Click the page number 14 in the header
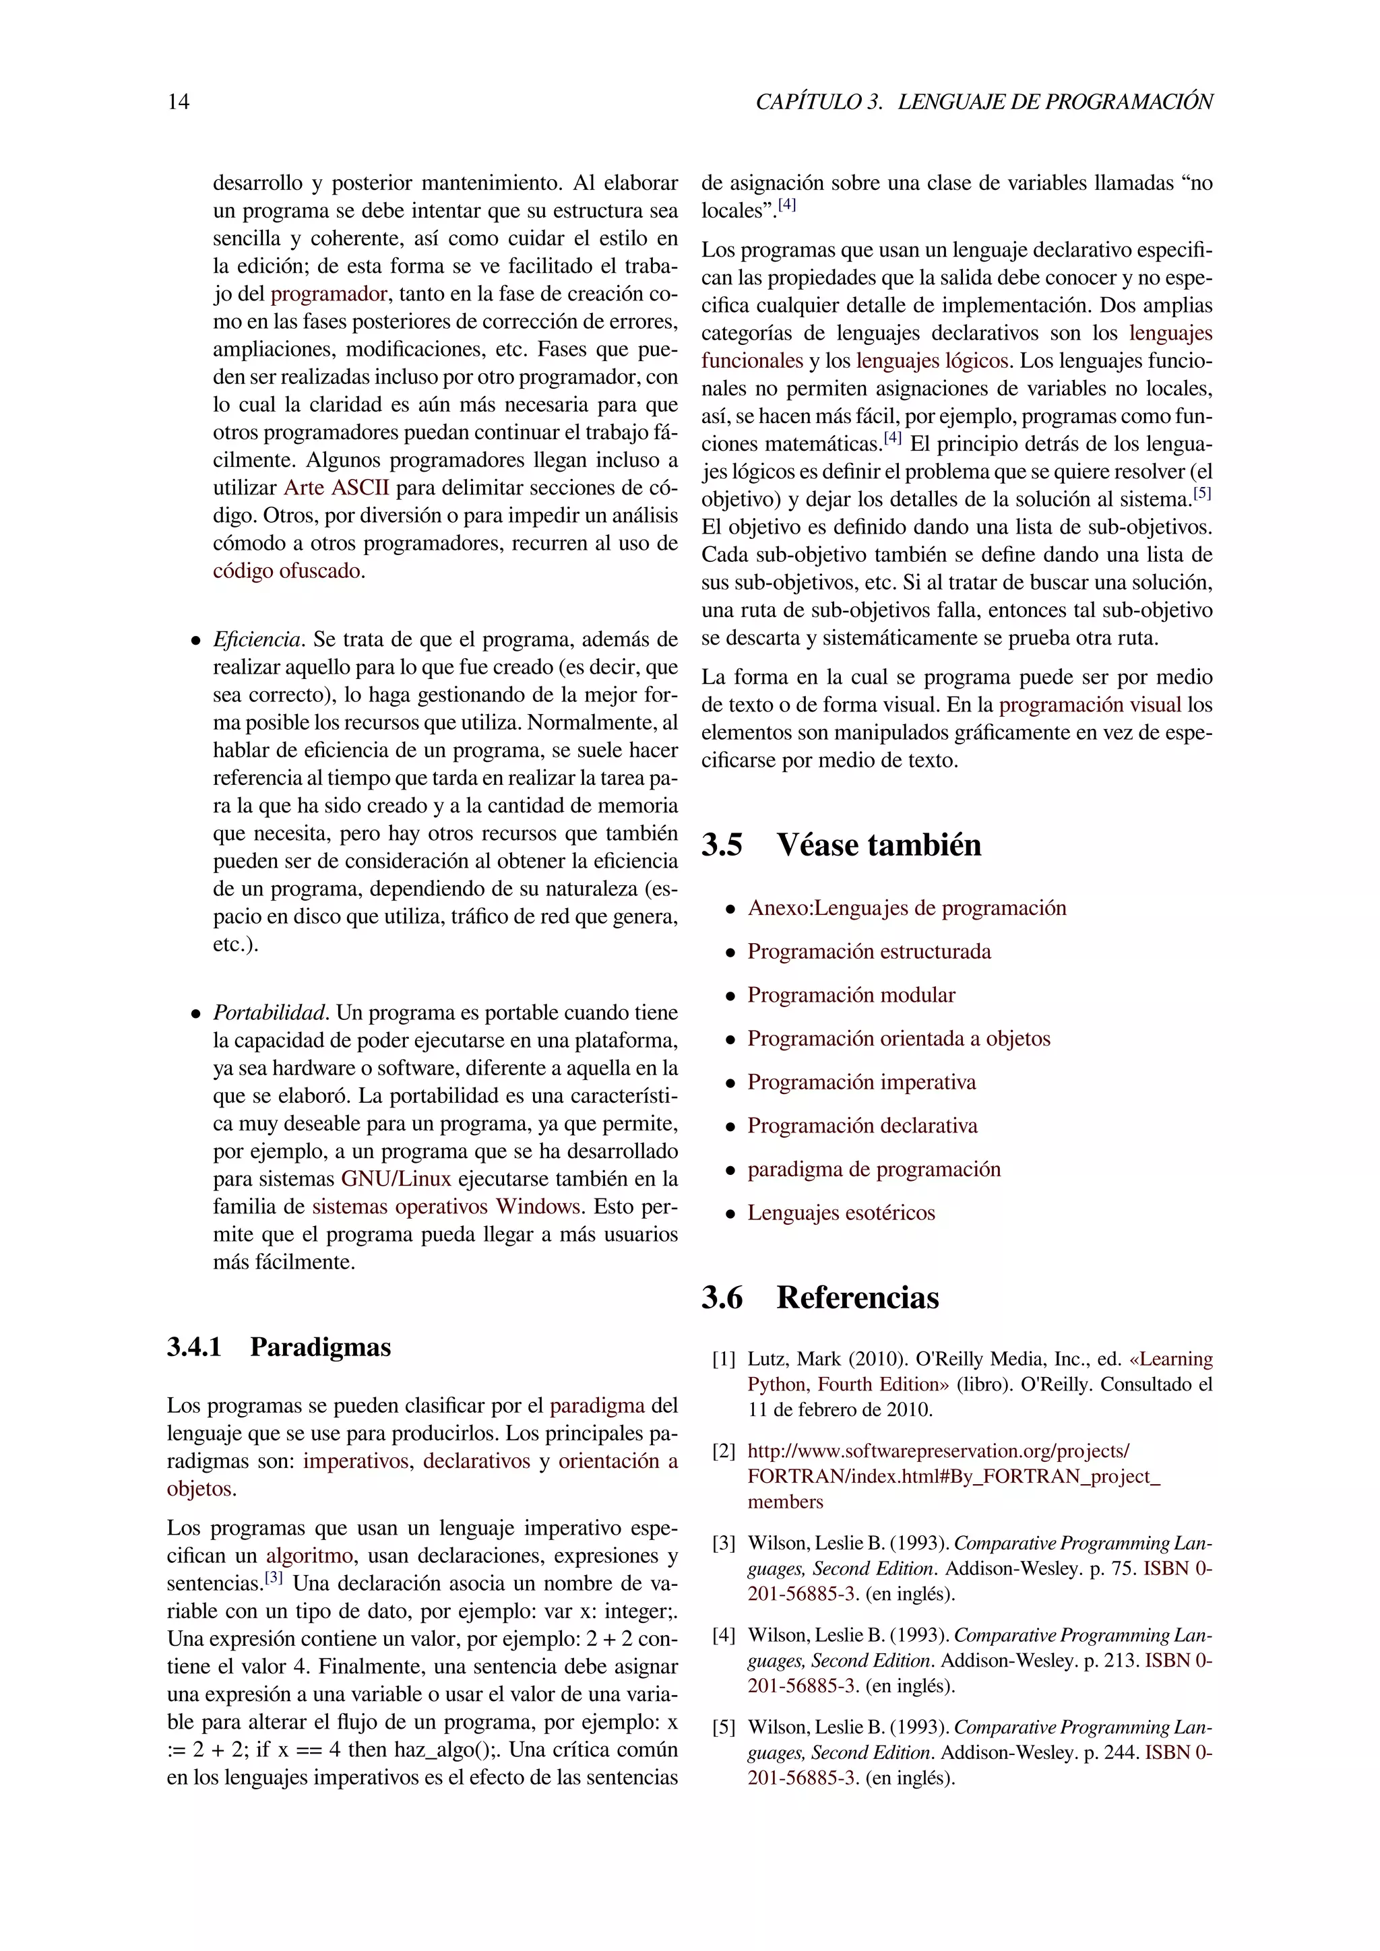tap(179, 102)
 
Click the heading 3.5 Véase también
tap(840, 845)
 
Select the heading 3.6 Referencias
tap(819, 1298)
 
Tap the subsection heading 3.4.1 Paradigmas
tap(279, 1347)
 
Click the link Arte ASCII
tap(336, 488)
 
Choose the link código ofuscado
tap(286, 571)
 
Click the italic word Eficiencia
tap(257, 640)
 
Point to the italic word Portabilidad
tap(270, 1013)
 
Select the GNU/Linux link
tap(396, 1180)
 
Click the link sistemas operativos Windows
tap(446, 1207)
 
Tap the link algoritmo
tap(309, 1556)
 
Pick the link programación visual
tap(1090, 705)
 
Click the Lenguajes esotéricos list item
tap(840, 1213)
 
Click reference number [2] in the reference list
tap(724, 1451)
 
